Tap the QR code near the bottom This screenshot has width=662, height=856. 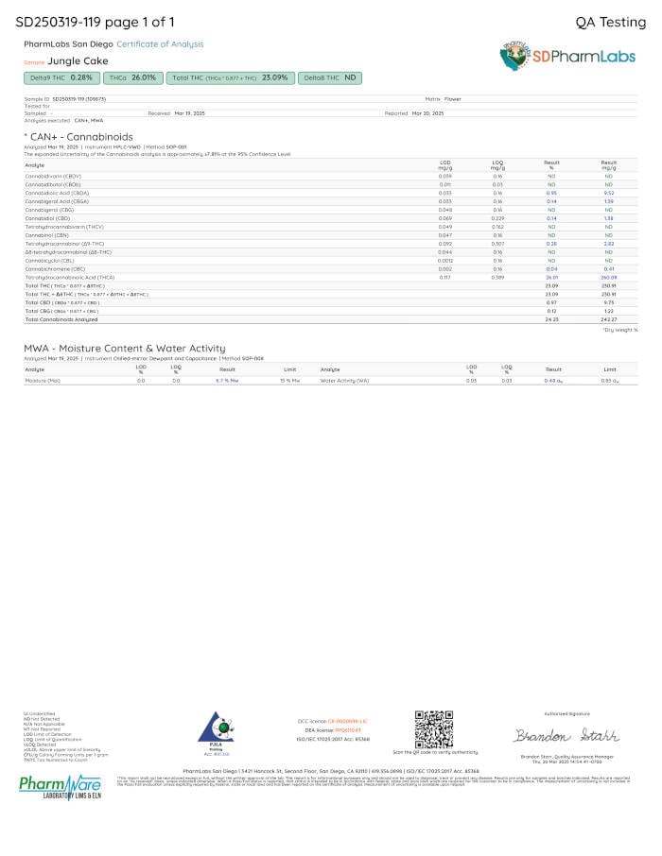coord(434,728)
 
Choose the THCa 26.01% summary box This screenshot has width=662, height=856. coord(131,77)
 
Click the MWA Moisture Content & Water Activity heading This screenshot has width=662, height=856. coord(125,348)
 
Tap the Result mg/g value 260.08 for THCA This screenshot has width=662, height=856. coord(608,277)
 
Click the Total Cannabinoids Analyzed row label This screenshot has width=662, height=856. coord(60,319)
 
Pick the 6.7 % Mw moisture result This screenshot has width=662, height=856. coord(227,381)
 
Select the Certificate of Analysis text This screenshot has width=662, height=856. coord(160,44)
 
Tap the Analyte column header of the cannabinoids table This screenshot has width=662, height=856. coord(34,165)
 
